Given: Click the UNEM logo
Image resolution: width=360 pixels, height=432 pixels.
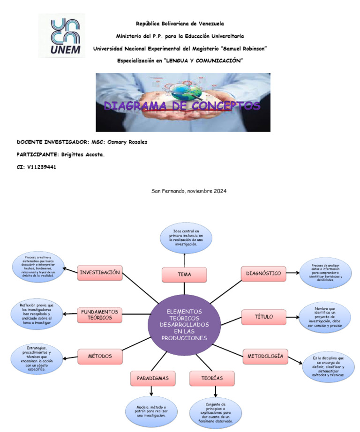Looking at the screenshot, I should pyautogui.click(x=61, y=36).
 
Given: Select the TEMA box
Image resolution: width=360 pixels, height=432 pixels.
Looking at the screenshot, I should pyautogui.click(x=184, y=275).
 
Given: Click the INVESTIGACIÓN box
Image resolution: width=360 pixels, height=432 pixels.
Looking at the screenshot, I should pyautogui.click(x=100, y=273).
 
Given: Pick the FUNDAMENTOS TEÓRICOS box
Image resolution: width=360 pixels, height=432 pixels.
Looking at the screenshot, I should pyautogui.click(x=99, y=315).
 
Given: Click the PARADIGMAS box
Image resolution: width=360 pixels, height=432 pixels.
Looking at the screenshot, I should pyautogui.click(x=150, y=378).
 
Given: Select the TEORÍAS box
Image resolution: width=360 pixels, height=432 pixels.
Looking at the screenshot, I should pyautogui.click(x=212, y=378).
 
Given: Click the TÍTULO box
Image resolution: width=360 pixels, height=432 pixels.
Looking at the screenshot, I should pyautogui.click(x=263, y=317).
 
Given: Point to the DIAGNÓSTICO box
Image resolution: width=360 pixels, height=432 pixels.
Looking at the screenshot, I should pyautogui.click(x=263, y=273).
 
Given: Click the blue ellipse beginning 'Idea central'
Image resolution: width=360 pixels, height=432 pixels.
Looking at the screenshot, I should pyautogui.click(x=186, y=238).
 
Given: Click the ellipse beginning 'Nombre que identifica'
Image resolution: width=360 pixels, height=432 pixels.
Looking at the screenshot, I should pyautogui.click(x=324, y=317).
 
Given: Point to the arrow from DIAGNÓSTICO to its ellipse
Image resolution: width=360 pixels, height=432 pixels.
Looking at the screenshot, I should pyautogui.click(x=292, y=273).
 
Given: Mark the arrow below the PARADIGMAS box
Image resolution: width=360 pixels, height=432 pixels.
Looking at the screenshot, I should pyautogui.click(x=151, y=391).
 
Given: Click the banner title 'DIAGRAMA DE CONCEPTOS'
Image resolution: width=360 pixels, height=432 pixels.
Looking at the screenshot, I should pyautogui.click(x=182, y=106).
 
